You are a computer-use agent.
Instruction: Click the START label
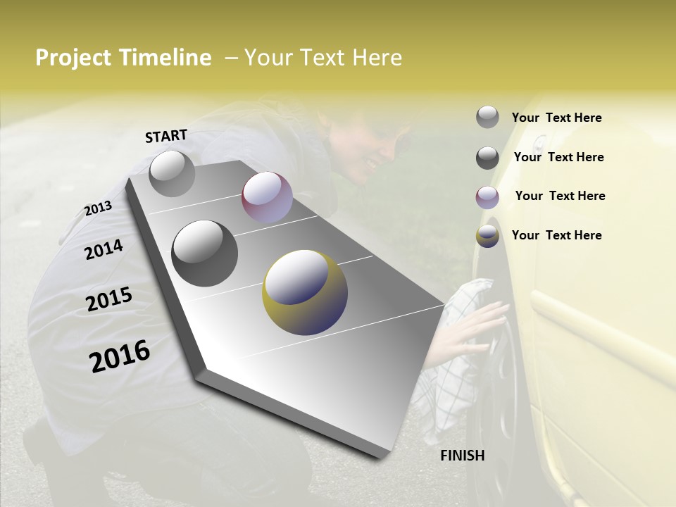point(166,136)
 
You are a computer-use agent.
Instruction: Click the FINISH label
point(463,456)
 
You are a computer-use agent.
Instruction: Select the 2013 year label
point(98,208)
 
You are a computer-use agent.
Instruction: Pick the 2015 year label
point(109,299)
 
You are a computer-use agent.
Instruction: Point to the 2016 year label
point(120,356)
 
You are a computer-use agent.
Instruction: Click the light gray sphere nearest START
point(172,173)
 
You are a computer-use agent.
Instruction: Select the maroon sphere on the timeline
point(267,197)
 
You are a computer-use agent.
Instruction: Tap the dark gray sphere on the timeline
point(205,254)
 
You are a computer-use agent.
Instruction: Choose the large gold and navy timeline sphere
point(305,292)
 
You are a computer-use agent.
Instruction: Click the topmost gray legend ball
point(487,117)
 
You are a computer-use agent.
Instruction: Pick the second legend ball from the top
point(487,158)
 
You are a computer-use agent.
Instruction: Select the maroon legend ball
point(487,197)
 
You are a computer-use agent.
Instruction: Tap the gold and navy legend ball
point(487,237)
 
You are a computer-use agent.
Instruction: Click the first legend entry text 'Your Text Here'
point(556,118)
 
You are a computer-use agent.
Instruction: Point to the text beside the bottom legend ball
point(556,235)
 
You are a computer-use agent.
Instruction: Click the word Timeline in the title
point(161,58)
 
